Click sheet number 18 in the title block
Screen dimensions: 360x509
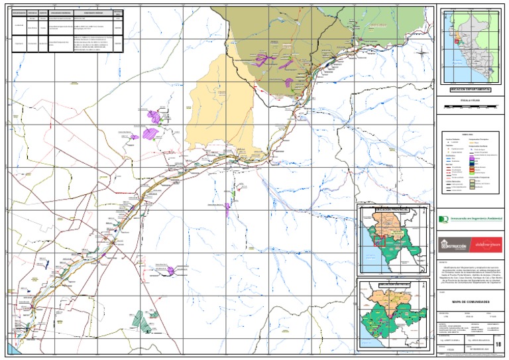click(498, 342)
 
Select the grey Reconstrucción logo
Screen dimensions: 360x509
click(455, 245)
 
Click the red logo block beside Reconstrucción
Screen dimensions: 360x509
click(488, 245)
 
